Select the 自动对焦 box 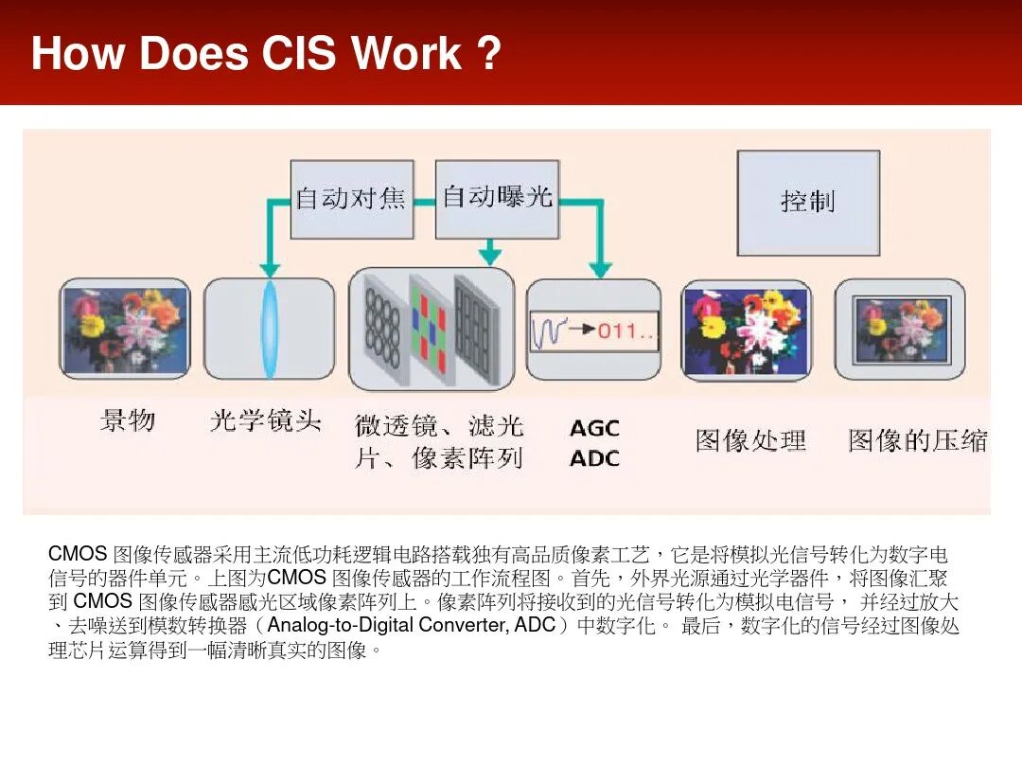[x=350, y=199]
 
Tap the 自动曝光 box [x=497, y=198]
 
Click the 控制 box [x=808, y=202]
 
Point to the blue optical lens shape [x=270, y=328]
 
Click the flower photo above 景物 [x=125, y=328]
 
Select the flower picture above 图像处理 [x=746, y=330]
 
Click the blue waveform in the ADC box [x=550, y=330]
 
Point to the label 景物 [x=127, y=419]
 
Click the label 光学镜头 [x=266, y=420]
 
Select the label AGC [x=594, y=429]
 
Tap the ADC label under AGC [x=594, y=458]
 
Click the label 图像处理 [x=750, y=440]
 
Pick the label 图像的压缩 [x=917, y=440]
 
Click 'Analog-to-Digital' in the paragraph [x=342, y=626]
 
